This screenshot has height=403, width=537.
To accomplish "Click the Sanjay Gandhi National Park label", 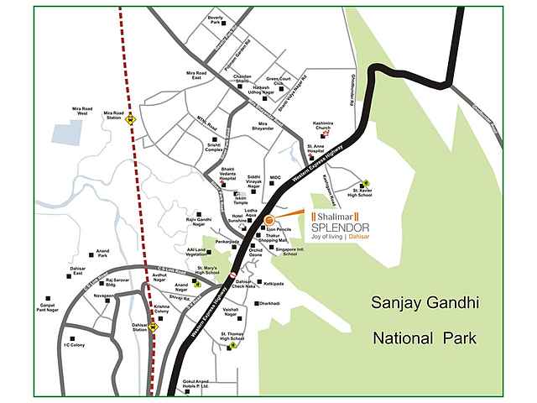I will [424, 320].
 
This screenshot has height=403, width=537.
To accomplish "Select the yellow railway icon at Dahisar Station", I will [153, 329].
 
